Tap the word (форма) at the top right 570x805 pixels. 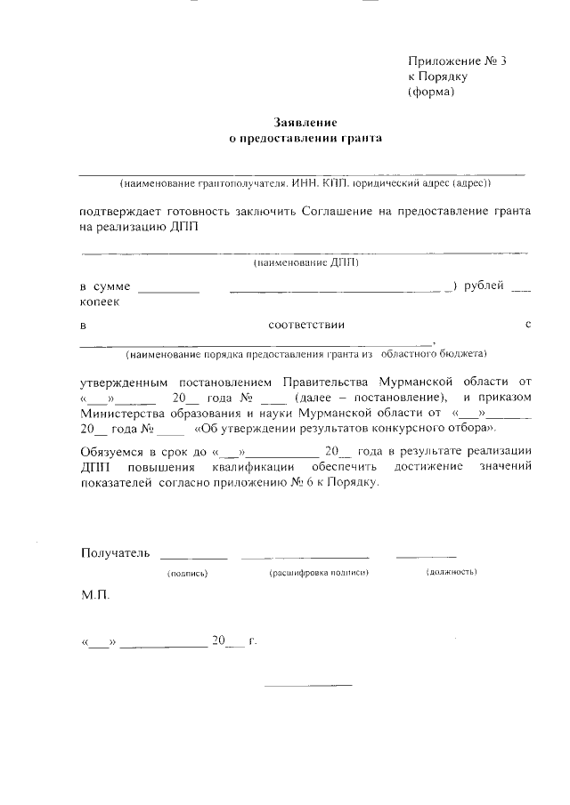pos(431,91)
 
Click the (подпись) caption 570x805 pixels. pos(188,574)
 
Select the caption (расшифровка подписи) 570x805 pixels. pos(318,574)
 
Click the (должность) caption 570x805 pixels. pos(452,573)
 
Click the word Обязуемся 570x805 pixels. pos(111,451)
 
